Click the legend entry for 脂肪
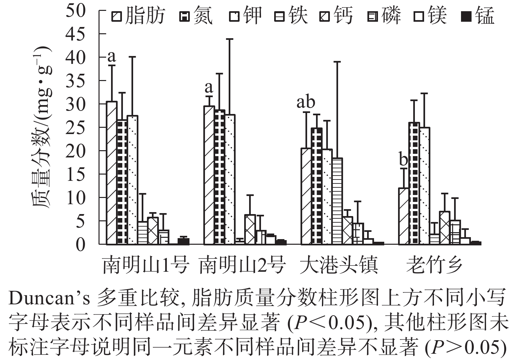[138, 16]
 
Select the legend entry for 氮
[196, 16]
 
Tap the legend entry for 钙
[336, 16]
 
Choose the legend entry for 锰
[478, 16]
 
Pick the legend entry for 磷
[384, 16]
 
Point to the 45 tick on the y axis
[76, 34]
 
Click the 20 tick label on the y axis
[76, 151]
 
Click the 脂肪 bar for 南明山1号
[112, 173]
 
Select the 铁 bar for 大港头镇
[337, 201]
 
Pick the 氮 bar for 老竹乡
[414, 183]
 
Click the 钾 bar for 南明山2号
[230, 180]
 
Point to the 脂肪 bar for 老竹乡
[404, 216]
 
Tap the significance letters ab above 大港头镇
[306, 102]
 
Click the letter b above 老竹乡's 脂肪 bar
[403, 160]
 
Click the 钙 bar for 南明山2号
[250, 229]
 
